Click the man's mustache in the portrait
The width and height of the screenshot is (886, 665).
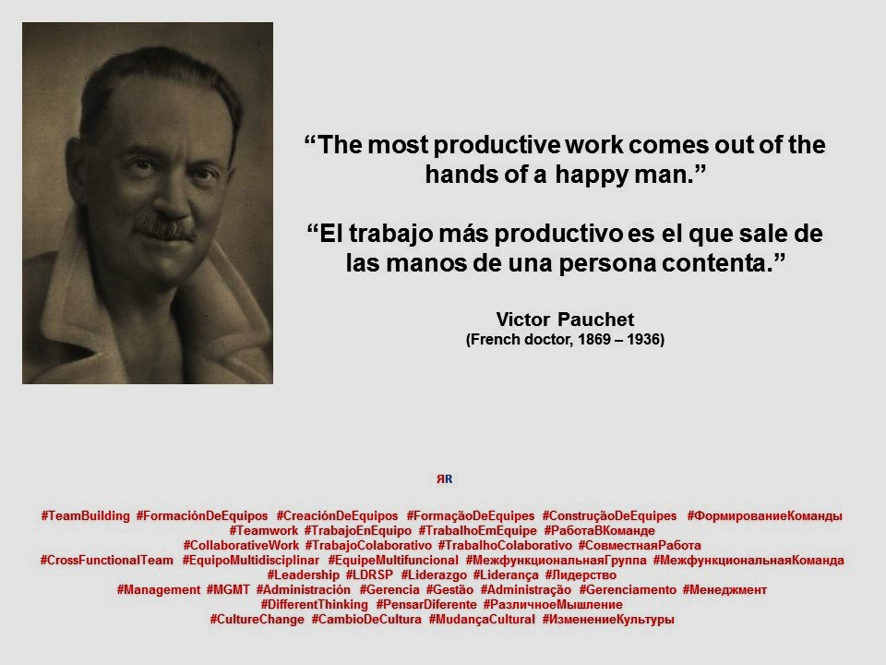(166, 228)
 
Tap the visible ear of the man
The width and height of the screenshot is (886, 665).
(79, 170)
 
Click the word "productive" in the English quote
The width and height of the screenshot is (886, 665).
(497, 145)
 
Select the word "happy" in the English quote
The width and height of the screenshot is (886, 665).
(591, 175)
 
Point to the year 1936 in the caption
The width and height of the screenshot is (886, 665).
(642, 339)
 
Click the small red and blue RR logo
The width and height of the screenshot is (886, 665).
(444, 479)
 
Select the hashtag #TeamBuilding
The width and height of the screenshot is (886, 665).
(85, 515)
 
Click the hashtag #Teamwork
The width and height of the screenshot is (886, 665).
(263, 530)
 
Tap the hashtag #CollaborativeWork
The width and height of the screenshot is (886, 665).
(241, 545)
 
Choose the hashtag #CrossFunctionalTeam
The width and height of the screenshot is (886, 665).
(107, 560)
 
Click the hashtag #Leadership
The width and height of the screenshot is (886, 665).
(303, 575)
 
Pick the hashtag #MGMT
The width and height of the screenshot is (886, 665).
(228, 590)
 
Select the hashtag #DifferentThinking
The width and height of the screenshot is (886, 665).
(314, 604)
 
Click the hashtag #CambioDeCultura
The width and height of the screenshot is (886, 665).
(366, 619)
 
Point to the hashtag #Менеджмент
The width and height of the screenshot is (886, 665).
(724, 590)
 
